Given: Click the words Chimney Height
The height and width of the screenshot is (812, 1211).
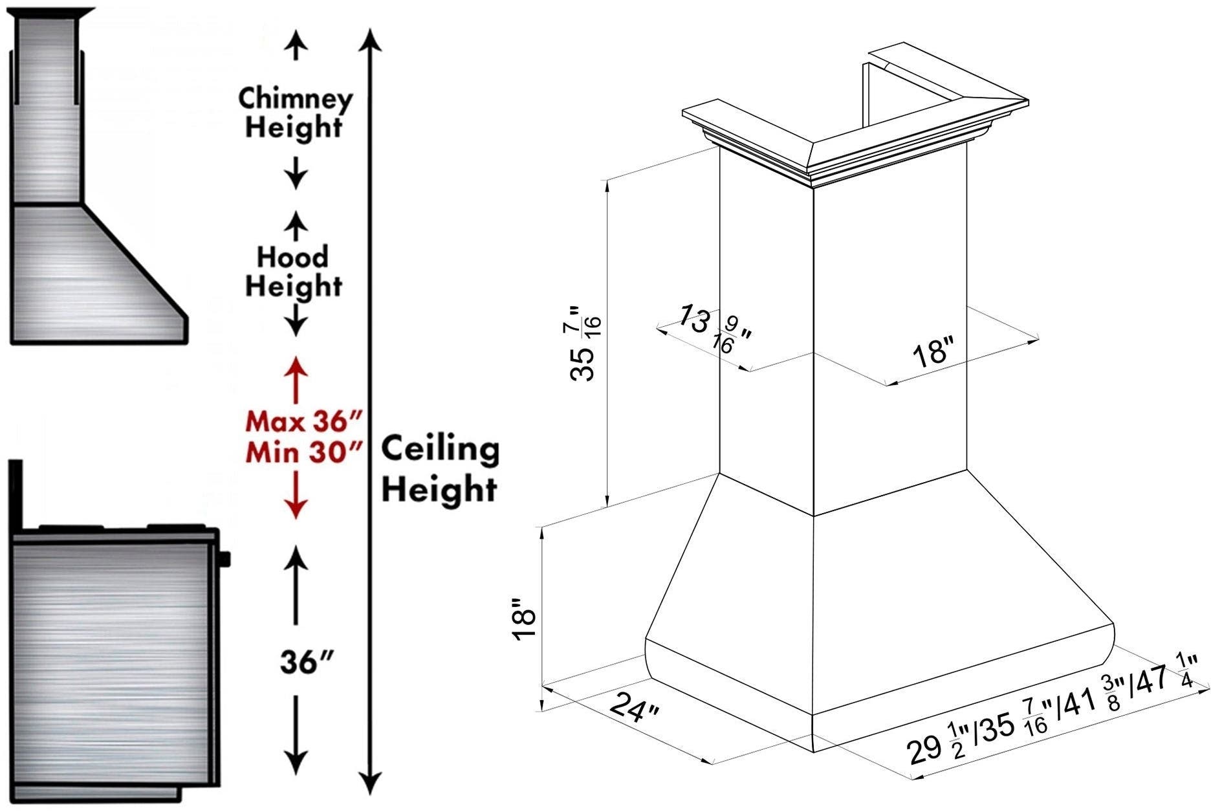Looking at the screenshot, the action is tap(296, 113).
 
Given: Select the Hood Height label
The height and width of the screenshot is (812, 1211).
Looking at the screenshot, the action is tap(293, 272).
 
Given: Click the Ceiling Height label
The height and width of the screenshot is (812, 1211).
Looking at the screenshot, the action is tap(440, 468).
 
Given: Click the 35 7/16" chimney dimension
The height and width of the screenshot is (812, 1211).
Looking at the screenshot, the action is tap(585, 344).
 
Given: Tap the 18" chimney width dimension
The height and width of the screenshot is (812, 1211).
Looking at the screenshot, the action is tap(933, 355).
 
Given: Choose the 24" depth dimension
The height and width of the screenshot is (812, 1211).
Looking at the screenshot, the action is tap(634, 707).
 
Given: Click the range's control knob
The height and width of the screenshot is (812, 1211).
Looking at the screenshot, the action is tap(224, 558).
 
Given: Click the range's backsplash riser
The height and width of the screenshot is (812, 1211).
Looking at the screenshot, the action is tap(16, 494).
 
